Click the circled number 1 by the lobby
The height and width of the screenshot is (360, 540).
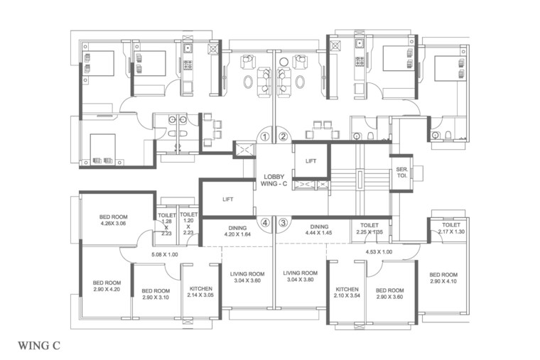[x=264, y=136]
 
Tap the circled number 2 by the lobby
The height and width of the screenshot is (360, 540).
[x=283, y=136]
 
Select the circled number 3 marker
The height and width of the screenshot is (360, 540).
[x=283, y=222]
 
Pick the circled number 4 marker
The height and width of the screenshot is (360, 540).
[x=264, y=222]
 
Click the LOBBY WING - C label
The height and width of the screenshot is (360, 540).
[x=274, y=180]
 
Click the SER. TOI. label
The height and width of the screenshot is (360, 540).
[x=401, y=173]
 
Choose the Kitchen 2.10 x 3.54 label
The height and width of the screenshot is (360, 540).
[x=347, y=293]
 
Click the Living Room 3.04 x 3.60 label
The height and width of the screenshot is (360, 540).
[x=247, y=277]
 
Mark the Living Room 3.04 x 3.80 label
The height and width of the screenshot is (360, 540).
[x=300, y=276]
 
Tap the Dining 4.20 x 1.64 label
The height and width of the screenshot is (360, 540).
[x=237, y=231]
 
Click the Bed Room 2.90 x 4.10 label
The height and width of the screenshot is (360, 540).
[x=443, y=278]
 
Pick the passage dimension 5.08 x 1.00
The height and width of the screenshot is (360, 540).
[x=164, y=254]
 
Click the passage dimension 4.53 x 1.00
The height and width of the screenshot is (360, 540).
[x=378, y=251]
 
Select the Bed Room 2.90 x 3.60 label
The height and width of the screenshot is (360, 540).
[x=389, y=293]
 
